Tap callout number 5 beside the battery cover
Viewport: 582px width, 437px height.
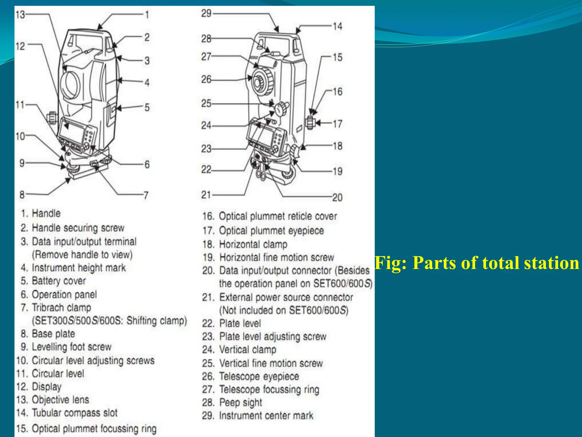[x=147, y=108]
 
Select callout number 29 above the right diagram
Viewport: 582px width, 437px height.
[x=206, y=13]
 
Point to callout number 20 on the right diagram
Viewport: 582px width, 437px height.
[x=337, y=197]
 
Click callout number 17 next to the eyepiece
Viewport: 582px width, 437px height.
[x=337, y=124]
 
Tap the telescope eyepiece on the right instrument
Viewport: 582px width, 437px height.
[x=258, y=83]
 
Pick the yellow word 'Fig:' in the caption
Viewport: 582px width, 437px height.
[x=391, y=263]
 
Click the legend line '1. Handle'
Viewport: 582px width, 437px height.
[x=41, y=213]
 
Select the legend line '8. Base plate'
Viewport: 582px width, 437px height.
[x=48, y=333]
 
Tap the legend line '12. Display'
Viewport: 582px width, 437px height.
[x=39, y=387]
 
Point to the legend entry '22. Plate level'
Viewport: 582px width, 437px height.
[x=231, y=323]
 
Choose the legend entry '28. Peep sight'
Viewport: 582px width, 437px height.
[x=232, y=403]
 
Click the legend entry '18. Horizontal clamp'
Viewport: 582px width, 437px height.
[x=245, y=244]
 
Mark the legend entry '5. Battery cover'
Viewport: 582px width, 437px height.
[x=53, y=281]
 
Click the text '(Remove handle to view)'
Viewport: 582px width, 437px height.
[x=82, y=255]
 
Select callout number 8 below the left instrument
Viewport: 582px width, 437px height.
[x=22, y=195]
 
